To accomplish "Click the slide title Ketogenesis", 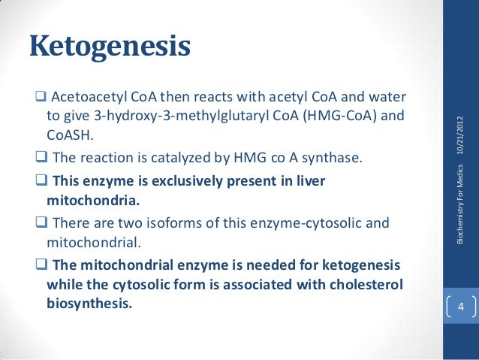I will (x=110, y=47).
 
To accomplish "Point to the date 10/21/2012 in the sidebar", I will (x=460, y=138).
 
